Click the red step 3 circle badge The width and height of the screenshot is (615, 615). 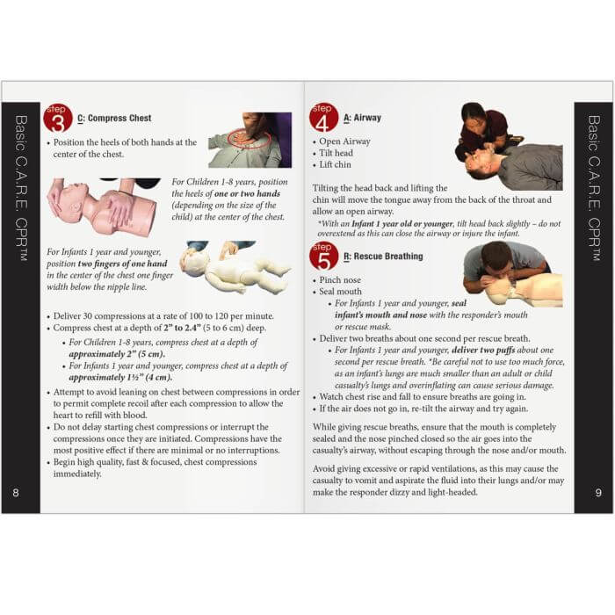click(x=58, y=118)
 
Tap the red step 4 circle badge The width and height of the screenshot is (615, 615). click(x=323, y=117)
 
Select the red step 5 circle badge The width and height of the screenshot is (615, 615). click(x=323, y=257)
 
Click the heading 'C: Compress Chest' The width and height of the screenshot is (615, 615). click(x=114, y=118)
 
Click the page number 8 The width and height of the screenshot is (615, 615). click(x=15, y=492)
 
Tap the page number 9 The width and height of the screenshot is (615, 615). click(x=598, y=492)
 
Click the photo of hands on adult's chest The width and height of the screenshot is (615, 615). click(x=250, y=139)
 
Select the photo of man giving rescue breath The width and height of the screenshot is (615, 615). click(x=511, y=273)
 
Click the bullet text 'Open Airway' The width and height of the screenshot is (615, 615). click(x=344, y=141)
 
